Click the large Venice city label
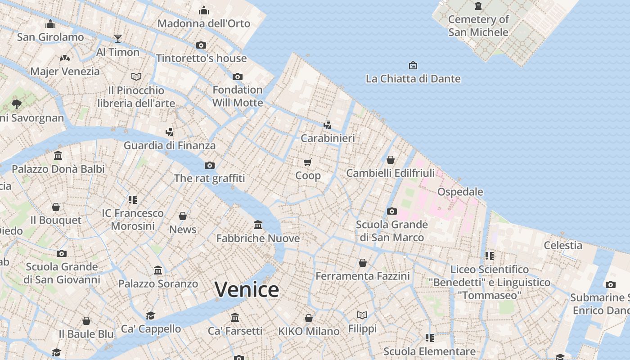[x=247, y=289]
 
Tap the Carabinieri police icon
[x=328, y=125]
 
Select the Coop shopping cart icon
[x=308, y=162]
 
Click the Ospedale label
[x=460, y=192]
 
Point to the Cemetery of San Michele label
[x=478, y=26]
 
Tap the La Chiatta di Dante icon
[x=413, y=66]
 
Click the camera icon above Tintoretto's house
[x=201, y=45]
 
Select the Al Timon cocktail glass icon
[x=118, y=39]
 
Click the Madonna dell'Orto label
[x=203, y=23]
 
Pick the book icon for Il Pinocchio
[x=136, y=76]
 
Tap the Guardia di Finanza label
[x=170, y=145]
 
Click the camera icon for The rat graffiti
[x=210, y=165]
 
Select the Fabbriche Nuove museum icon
[x=258, y=225]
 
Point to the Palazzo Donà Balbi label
[x=58, y=169]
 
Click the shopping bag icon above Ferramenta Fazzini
[x=363, y=263]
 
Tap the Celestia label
[x=563, y=245]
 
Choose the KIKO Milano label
[x=309, y=332]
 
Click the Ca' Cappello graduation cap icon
[x=150, y=315]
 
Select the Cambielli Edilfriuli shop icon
[x=391, y=160]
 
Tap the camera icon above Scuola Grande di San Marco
[x=392, y=211]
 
